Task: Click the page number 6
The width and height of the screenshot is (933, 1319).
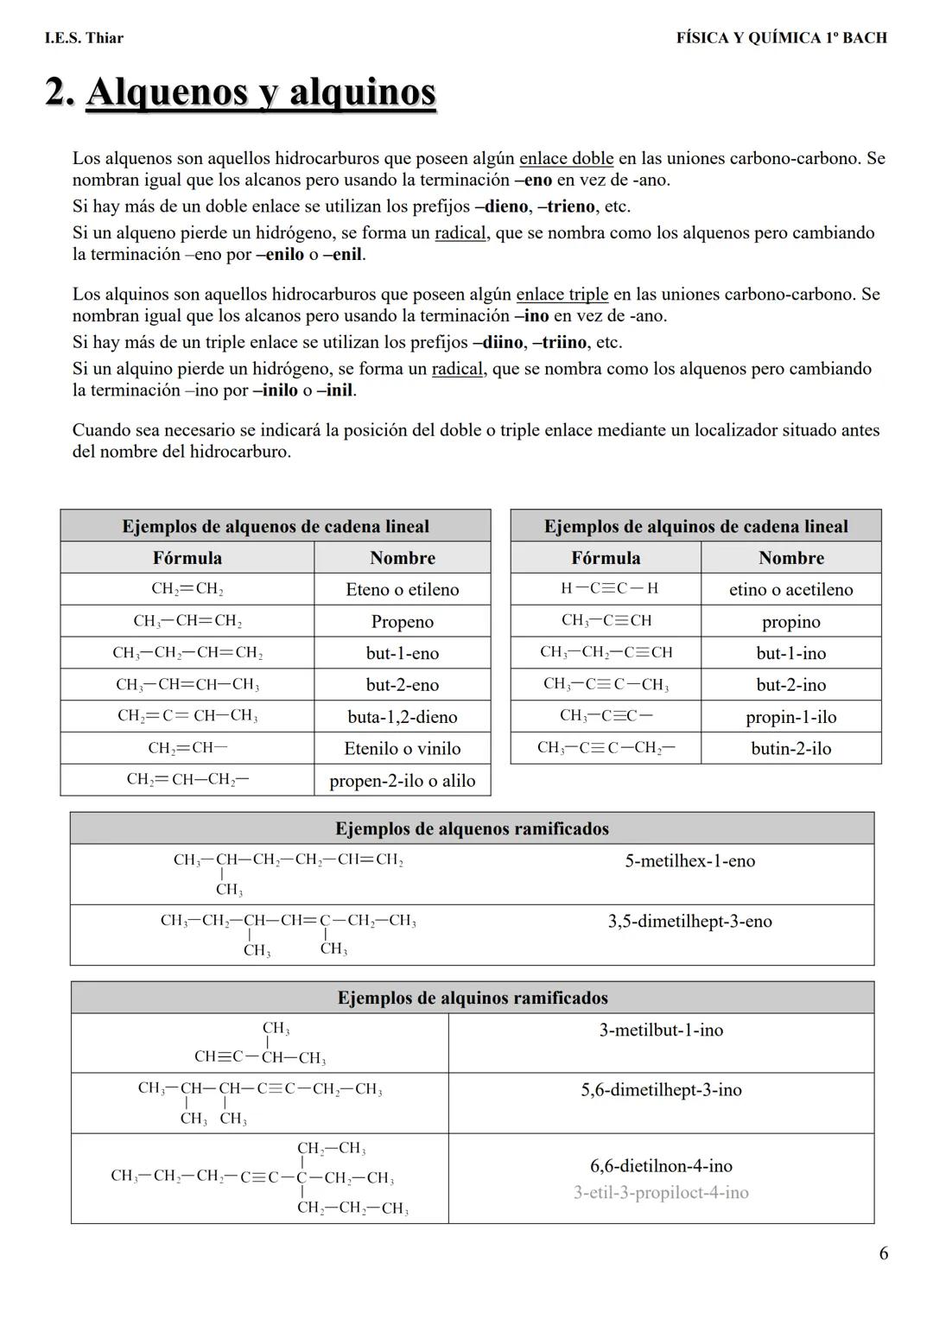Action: click(x=883, y=1253)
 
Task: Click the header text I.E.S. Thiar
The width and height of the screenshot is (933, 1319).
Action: click(x=84, y=38)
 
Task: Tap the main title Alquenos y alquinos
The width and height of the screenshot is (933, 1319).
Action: click(x=261, y=92)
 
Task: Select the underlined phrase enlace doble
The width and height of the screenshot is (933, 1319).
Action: click(x=566, y=159)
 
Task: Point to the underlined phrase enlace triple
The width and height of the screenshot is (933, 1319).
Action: click(x=562, y=295)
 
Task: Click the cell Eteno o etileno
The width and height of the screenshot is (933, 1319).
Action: click(x=402, y=589)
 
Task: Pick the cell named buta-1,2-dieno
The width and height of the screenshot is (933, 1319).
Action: click(x=402, y=717)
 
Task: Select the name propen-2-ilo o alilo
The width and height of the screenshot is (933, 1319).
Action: click(x=402, y=781)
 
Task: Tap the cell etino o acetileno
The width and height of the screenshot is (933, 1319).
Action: click(x=790, y=589)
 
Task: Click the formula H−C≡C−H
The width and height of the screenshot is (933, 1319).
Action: click(x=608, y=588)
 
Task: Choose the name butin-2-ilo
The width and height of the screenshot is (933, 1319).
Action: click(x=790, y=749)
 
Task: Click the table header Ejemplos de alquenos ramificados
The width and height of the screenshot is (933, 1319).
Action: click(x=472, y=829)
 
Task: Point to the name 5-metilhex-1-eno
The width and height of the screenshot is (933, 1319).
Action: click(x=689, y=861)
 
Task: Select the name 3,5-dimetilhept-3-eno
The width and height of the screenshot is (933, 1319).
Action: click(x=689, y=922)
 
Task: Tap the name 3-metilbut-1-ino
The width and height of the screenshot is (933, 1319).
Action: click(x=661, y=1030)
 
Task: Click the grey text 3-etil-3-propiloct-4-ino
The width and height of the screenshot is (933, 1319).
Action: click(x=661, y=1193)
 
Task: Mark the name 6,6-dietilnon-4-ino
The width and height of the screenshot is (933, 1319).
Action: click(x=661, y=1166)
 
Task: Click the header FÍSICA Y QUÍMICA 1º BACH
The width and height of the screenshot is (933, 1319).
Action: click(x=781, y=38)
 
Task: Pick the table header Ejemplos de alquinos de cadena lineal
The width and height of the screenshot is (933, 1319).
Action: click(x=695, y=527)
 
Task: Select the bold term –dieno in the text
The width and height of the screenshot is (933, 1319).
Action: click(x=501, y=207)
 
